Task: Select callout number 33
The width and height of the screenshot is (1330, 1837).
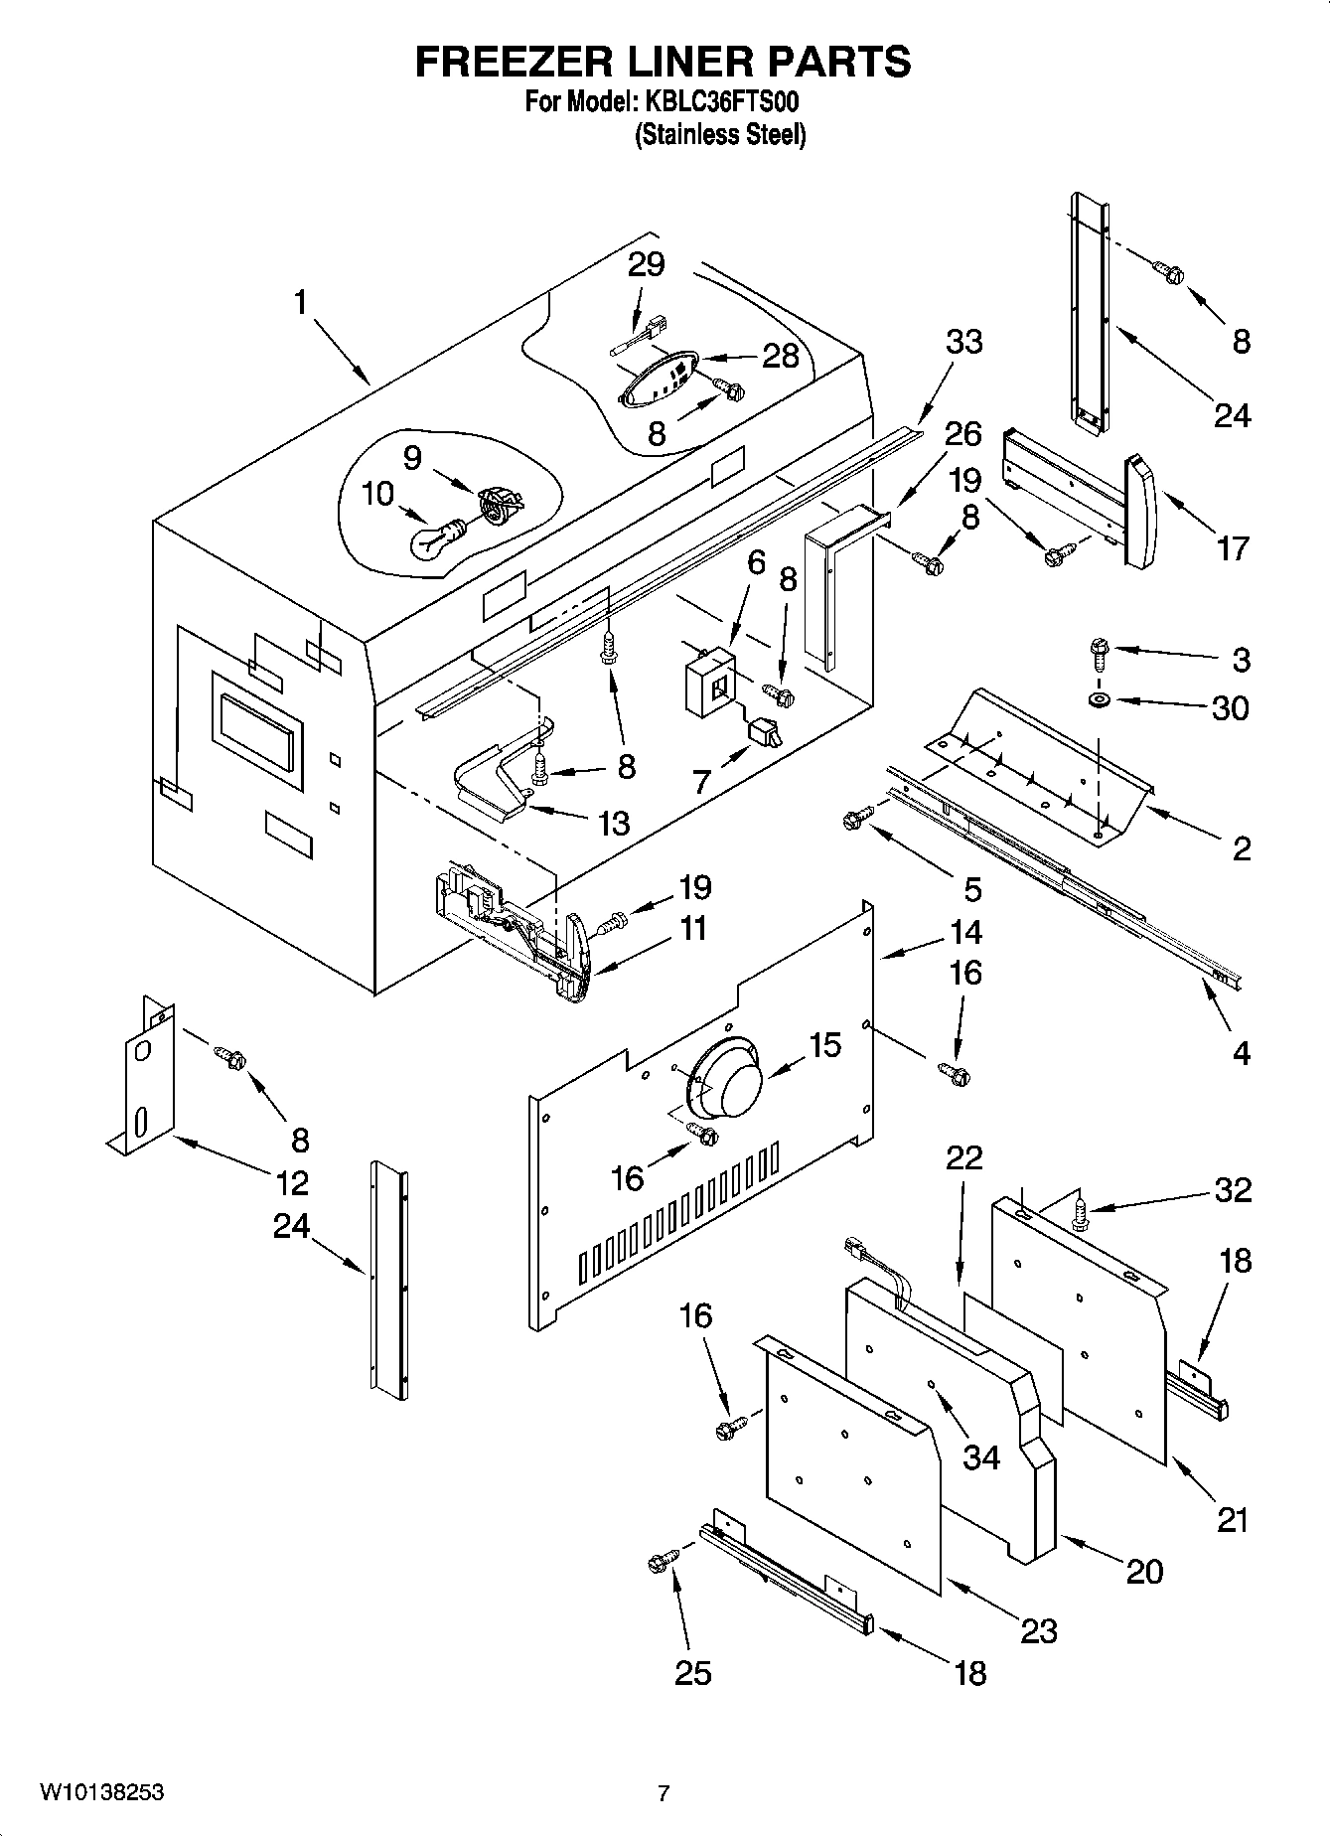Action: (963, 342)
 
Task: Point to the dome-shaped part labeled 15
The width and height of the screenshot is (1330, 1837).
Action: (724, 1080)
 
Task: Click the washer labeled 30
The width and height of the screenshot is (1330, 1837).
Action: (1100, 701)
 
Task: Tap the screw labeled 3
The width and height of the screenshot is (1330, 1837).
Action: (1100, 650)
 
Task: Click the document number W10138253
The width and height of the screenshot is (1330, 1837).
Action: (102, 1792)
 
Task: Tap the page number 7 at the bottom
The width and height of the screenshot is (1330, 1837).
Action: (664, 1793)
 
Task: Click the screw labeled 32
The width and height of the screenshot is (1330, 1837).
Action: (1081, 1212)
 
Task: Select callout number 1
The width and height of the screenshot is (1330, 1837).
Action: (300, 303)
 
